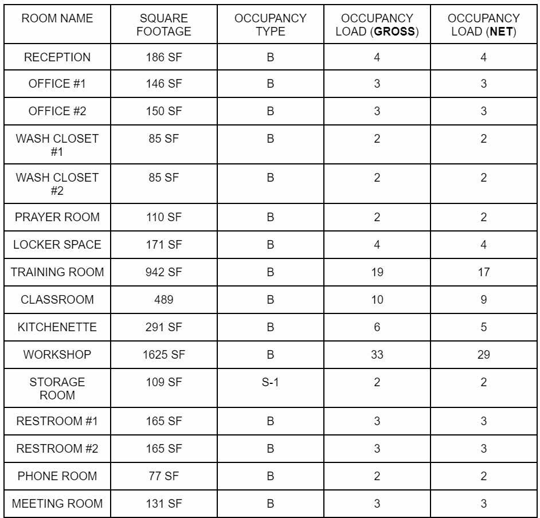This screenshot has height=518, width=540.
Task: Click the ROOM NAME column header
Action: point(57,18)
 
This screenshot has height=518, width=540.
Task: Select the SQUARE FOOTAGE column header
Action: point(164,25)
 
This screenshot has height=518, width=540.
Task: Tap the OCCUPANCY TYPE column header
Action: point(270,25)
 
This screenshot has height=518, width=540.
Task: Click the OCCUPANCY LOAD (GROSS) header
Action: point(377,25)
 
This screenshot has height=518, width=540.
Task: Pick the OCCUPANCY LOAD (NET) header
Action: point(483,25)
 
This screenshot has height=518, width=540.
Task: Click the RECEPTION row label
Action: point(57,57)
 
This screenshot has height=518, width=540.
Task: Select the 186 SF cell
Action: point(164,57)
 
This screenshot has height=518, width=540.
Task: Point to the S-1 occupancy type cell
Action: point(270,382)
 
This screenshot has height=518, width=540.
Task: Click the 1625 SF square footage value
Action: point(164,355)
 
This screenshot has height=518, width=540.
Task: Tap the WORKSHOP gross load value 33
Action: point(377,355)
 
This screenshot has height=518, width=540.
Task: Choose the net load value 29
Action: point(483,355)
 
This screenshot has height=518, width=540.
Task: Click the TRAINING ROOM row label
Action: point(57,272)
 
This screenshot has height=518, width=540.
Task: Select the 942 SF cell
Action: point(164,272)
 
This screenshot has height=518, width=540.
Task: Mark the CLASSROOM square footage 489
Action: point(164,300)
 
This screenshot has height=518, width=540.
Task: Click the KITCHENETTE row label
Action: point(57,327)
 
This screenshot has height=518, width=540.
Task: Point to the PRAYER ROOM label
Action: point(57,217)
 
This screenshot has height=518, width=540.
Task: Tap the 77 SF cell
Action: point(164,476)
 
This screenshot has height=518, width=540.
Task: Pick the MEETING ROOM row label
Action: point(57,504)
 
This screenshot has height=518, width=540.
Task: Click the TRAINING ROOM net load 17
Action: point(483,272)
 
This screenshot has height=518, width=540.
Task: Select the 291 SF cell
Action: point(164,327)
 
